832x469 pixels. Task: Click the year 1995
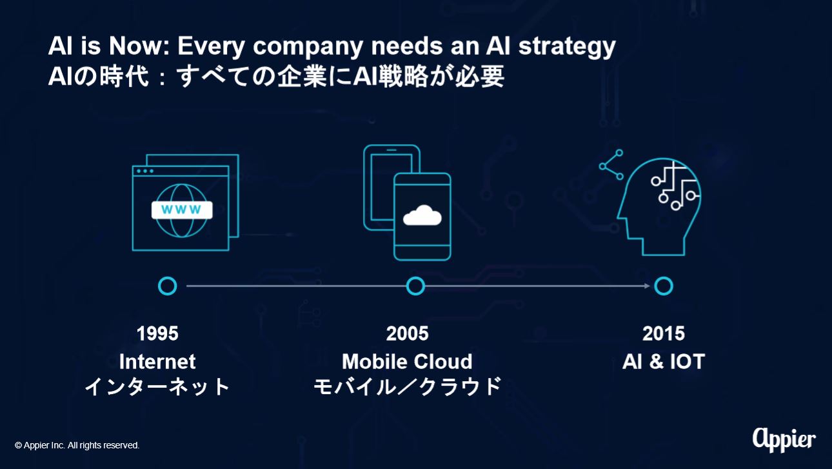point(157,334)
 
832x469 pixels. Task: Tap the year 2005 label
point(407,334)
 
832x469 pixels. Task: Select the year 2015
point(664,334)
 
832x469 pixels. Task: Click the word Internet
point(157,362)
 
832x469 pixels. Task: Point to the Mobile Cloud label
point(407,362)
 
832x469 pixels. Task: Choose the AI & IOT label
point(664,362)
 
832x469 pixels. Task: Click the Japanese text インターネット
point(157,386)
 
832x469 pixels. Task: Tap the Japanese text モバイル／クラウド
point(407,386)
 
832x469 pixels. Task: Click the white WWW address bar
point(182,210)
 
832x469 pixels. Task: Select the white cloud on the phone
point(422,215)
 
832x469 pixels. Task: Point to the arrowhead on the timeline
point(647,286)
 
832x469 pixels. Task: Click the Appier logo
point(784,441)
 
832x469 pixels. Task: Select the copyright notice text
point(77,445)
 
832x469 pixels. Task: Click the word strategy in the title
point(567,47)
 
